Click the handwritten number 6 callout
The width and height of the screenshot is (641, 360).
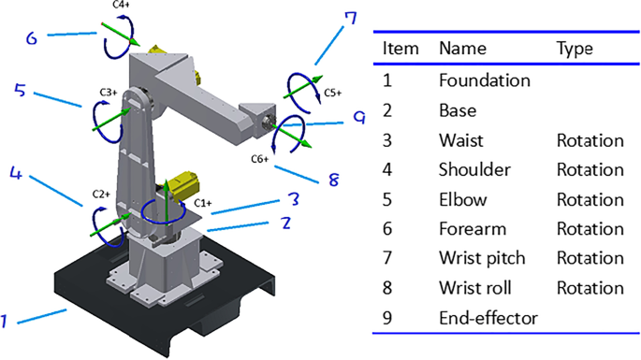[32, 38]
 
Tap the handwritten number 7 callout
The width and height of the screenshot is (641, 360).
[350, 19]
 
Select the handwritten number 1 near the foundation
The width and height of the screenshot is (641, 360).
[4, 322]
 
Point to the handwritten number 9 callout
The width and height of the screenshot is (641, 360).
[359, 118]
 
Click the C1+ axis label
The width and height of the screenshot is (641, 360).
[203, 203]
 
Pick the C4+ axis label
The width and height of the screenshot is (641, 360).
[121, 5]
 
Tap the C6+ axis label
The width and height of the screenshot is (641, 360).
[260, 159]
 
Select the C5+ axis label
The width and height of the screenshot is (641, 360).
[333, 94]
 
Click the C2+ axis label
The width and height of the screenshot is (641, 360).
[101, 194]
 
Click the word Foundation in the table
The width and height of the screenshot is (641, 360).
[485, 80]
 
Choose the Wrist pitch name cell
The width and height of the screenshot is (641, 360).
[482, 258]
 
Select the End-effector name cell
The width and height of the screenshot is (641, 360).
[488, 318]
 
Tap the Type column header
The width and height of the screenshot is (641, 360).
[575, 49]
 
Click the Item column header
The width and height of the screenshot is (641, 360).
[401, 49]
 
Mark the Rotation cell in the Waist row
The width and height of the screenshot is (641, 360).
[590, 140]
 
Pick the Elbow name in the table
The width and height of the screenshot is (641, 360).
[463, 200]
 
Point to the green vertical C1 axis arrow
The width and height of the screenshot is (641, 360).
[167, 202]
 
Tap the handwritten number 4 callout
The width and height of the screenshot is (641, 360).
[16, 173]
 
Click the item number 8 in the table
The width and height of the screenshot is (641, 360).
[387, 288]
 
